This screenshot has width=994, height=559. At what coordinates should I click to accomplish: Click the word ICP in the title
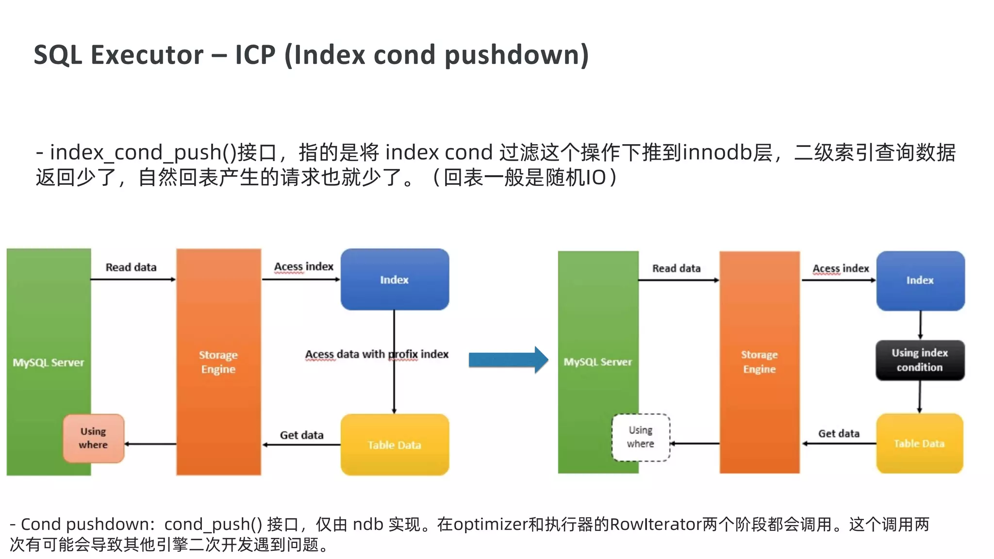click(x=255, y=54)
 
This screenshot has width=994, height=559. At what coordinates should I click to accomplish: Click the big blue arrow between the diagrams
click(x=508, y=360)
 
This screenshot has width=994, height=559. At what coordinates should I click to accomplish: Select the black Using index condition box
click(x=920, y=360)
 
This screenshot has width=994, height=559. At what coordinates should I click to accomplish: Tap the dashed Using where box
click(x=641, y=437)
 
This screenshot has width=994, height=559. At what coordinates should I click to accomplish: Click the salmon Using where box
click(x=93, y=438)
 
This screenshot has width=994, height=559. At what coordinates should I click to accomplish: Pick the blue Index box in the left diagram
click(x=394, y=279)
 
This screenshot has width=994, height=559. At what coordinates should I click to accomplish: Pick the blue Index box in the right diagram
click(x=920, y=280)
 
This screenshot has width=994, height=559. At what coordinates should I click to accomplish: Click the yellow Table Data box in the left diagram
click(x=394, y=444)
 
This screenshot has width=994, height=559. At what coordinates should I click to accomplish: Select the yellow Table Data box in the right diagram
click(x=919, y=444)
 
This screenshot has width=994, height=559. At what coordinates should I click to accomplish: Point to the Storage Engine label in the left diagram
click(x=218, y=362)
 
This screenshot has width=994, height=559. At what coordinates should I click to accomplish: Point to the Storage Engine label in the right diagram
click(x=759, y=362)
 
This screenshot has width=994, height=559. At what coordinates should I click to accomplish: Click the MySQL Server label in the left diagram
click(x=48, y=362)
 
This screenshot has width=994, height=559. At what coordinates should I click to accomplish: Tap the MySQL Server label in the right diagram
click(x=597, y=362)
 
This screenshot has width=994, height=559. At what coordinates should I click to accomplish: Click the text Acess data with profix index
click(x=377, y=354)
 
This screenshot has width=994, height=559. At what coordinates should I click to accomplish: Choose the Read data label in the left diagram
click(x=131, y=267)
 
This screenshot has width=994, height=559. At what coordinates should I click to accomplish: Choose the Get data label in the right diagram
click(x=839, y=433)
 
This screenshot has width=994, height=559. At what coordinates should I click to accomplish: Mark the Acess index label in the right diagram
click(x=841, y=268)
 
